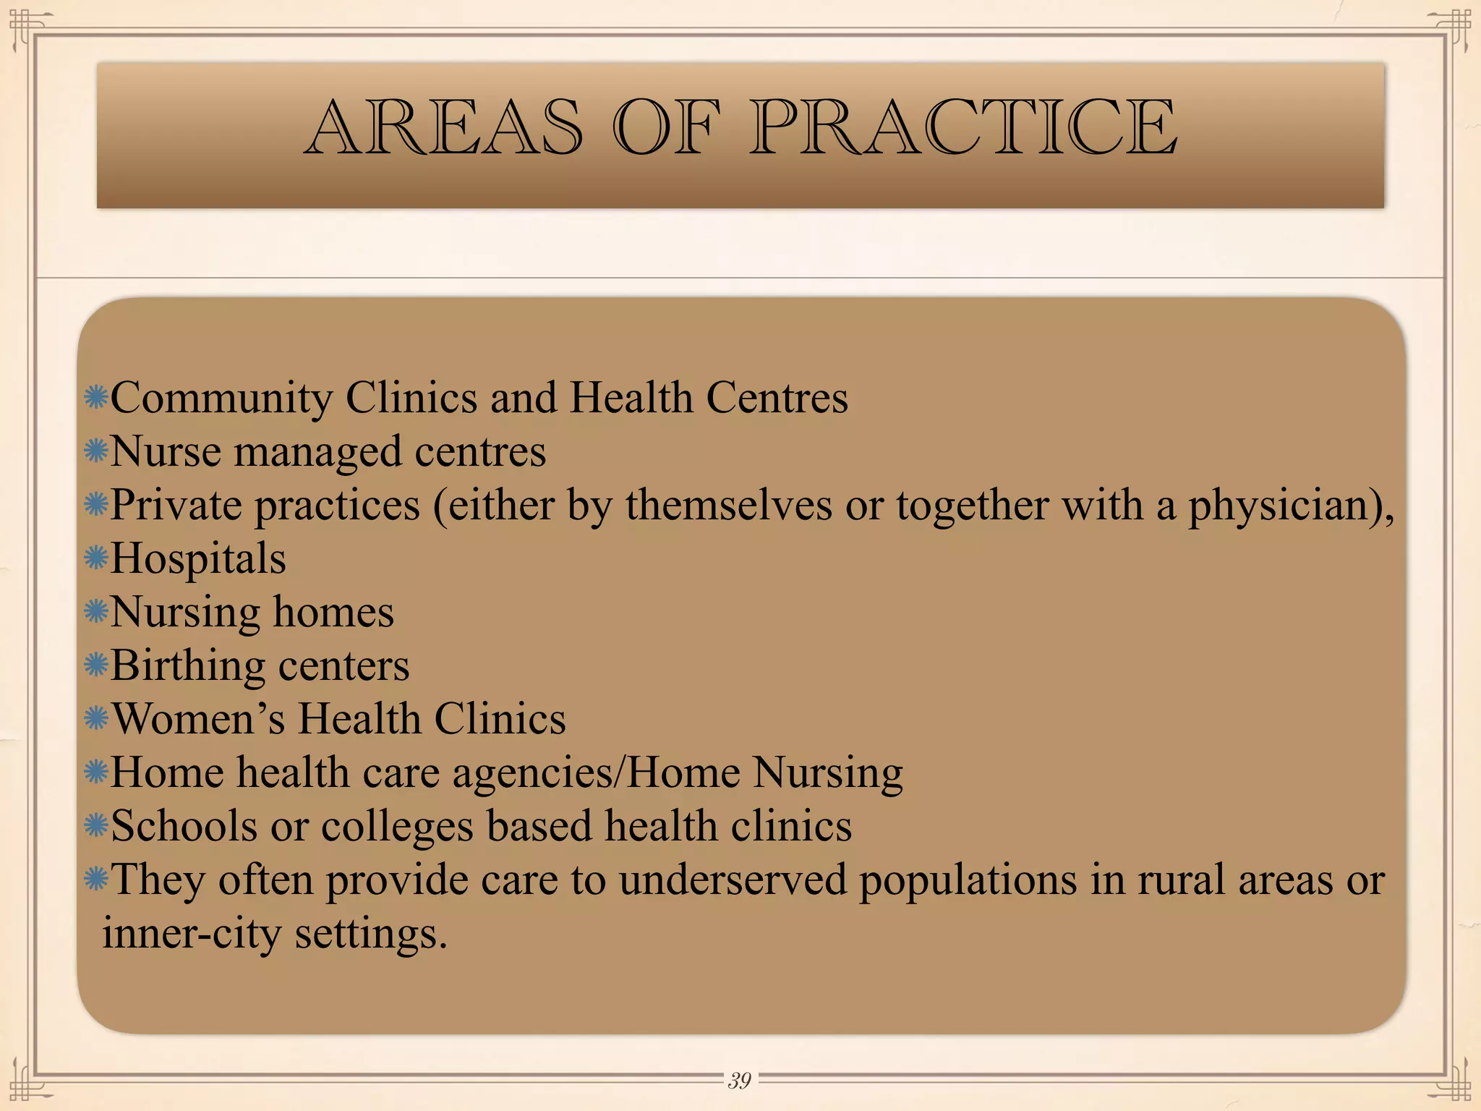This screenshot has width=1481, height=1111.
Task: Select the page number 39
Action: click(739, 1080)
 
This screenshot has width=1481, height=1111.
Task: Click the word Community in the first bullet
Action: click(222, 399)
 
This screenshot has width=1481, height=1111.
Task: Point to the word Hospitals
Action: click(198, 559)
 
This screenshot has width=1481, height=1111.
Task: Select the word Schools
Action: click(184, 826)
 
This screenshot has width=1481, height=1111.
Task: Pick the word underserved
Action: click(733, 880)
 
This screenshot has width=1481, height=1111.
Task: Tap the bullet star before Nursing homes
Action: click(96, 612)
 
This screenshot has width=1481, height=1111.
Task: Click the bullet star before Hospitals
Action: click(96, 558)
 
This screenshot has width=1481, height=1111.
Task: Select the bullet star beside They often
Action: click(96, 880)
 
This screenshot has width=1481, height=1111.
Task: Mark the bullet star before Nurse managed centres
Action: click(96, 451)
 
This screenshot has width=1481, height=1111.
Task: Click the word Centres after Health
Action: click(777, 399)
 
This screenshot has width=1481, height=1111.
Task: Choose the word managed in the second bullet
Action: click(317, 452)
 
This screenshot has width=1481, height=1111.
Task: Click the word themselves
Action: click(728, 506)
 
